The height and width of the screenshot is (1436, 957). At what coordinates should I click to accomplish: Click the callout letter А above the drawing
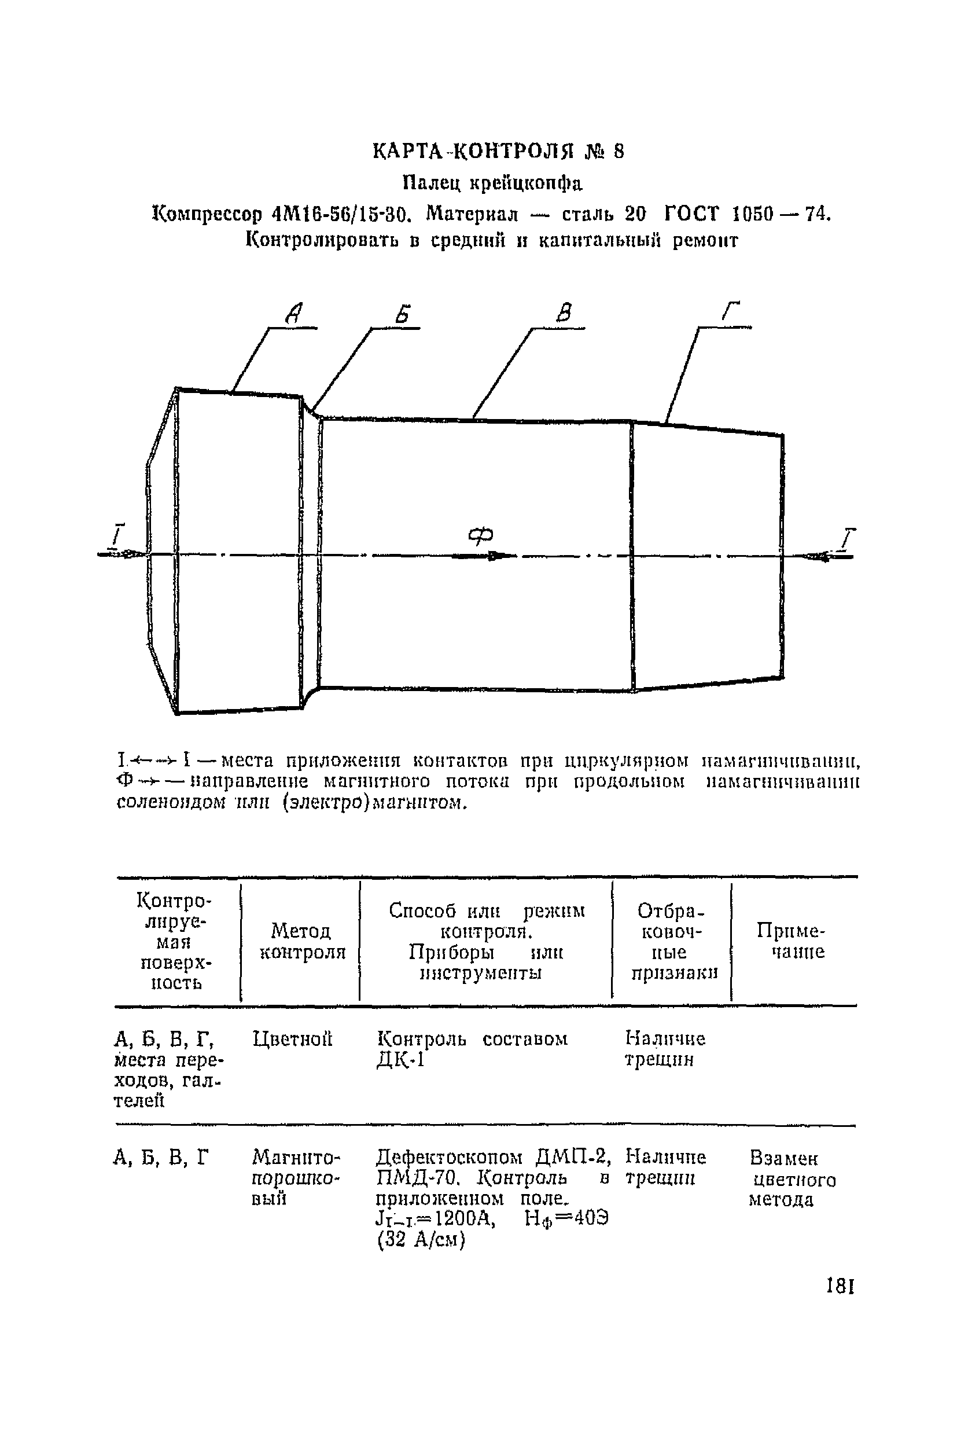pos(296,315)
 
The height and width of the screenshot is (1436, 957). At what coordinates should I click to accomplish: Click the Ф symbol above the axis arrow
pos(481,535)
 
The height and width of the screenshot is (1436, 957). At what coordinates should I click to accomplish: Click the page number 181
pos(839,1287)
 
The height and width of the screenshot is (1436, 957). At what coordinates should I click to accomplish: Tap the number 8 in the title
pos(619,152)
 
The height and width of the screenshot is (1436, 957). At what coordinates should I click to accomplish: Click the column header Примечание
pos(791,942)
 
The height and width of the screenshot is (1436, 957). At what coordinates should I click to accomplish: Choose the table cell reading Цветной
pos(292,1038)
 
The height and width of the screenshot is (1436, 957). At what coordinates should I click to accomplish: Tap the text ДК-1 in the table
pos(400,1060)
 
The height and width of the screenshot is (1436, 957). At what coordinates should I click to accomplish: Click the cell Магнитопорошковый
pos(297,1177)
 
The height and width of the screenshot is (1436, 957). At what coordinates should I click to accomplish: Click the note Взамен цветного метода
pos(792,1178)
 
